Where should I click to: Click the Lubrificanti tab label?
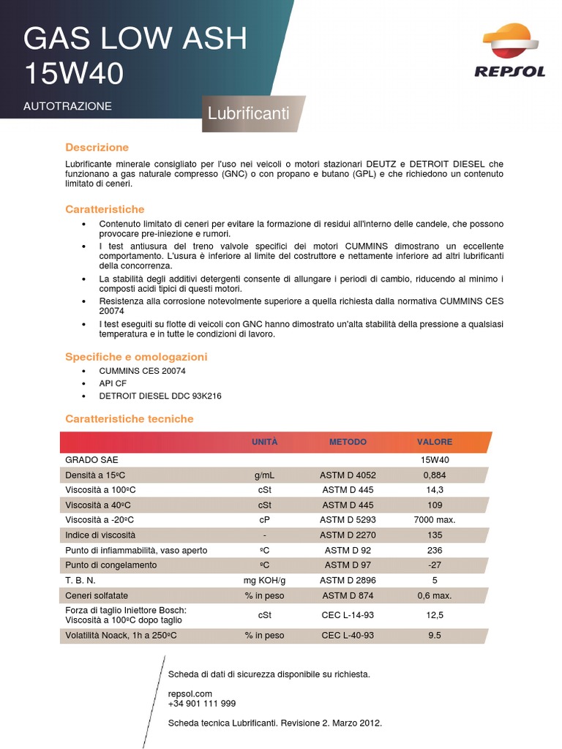point(248,114)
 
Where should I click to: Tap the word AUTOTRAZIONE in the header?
point(67,106)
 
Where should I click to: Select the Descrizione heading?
point(97,147)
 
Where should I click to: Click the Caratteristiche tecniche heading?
point(130,419)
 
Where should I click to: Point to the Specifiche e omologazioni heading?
point(136,357)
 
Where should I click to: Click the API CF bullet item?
point(113,383)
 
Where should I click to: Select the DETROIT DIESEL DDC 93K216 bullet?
point(160,396)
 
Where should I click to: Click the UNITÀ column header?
point(264,442)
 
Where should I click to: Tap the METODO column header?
point(348,442)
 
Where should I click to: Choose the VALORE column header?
point(435,442)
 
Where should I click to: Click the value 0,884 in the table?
point(435,475)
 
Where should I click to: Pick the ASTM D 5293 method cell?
point(348,520)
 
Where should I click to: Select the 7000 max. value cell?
point(435,520)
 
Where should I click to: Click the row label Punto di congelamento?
point(111,565)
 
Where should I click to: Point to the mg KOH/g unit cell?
point(264,580)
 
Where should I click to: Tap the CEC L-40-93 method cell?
point(348,636)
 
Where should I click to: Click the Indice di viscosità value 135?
point(435,535)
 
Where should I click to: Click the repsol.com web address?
point(190,693)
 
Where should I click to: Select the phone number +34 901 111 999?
point(202,704)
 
